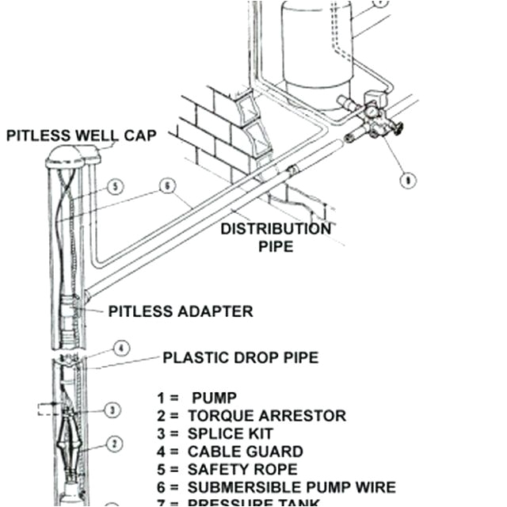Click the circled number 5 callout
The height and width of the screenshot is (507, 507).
click(116, 187)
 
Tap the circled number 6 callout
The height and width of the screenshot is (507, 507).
click(166, 186)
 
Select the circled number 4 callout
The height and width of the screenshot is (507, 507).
click(120, 349)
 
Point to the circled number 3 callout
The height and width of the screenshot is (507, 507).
click(114, 410)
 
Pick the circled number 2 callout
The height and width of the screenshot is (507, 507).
click(114, 444)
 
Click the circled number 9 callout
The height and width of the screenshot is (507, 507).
click(407, 181)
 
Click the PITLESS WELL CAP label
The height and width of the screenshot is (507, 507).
click(81, 135)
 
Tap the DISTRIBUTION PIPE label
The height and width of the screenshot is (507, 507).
click(276, 237)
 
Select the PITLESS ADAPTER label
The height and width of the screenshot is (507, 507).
click(181, 311)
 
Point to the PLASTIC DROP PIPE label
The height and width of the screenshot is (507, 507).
click(240, 357)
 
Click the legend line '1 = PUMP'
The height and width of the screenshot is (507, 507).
click(197, 398)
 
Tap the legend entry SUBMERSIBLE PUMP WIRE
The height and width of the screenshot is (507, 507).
click(276, 488)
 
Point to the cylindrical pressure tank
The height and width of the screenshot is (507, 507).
click(317, 48)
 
